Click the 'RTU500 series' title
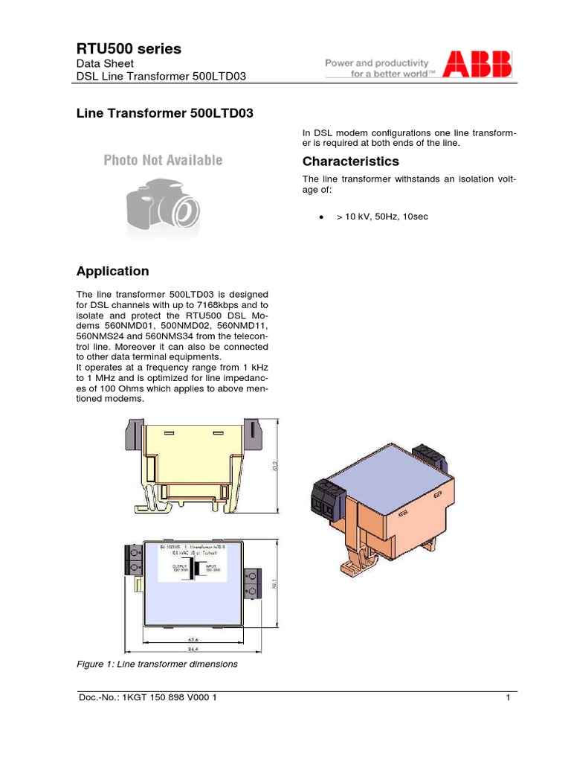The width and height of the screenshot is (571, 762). [129, 49]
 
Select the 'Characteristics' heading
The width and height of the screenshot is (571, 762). [350, 161]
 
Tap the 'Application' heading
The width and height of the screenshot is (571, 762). [112, 271]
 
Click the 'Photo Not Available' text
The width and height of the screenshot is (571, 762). [163, 160]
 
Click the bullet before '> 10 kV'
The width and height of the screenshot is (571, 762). [320, 217]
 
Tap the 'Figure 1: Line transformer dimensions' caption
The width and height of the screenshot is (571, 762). [157, 663]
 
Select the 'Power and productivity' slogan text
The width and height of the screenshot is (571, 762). [377, 63]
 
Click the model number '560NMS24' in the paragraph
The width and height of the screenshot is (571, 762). [100, 336]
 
